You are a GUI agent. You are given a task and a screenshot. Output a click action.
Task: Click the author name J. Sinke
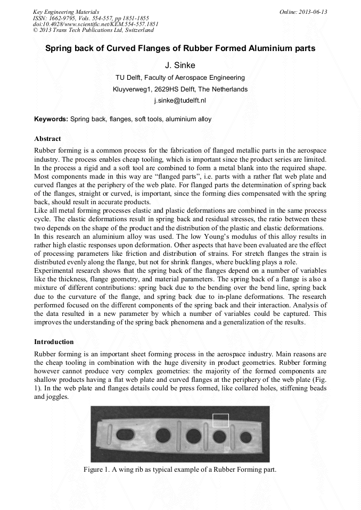180,65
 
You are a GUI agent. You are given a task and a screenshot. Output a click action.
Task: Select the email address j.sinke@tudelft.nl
180,101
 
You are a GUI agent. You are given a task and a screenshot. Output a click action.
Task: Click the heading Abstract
47,139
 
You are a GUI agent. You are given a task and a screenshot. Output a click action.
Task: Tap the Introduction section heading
54,341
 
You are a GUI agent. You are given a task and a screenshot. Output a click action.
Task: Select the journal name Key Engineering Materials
65,12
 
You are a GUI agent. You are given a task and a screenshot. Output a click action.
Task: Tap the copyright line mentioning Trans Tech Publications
93,30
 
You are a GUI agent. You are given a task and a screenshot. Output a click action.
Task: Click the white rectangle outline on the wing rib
220,420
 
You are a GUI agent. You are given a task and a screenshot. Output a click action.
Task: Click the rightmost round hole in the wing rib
245,437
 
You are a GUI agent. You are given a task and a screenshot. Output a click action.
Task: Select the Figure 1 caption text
180,470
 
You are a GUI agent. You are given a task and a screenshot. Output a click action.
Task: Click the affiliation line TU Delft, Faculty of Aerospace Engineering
180,78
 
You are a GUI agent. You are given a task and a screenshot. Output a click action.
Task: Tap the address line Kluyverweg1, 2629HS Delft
180,89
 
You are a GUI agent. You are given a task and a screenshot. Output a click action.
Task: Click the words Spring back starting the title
67,48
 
